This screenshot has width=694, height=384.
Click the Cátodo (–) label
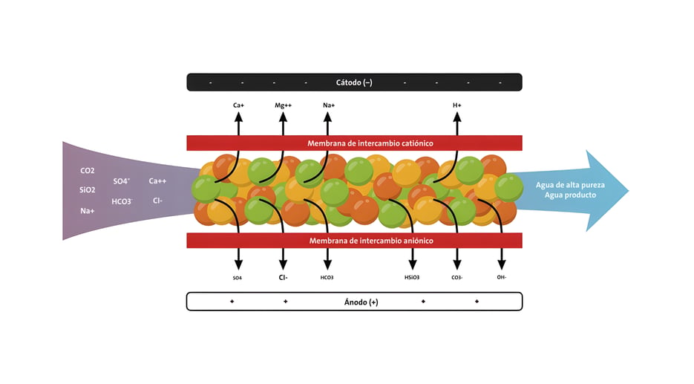click(354, 83)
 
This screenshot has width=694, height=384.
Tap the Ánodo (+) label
click(361, 302)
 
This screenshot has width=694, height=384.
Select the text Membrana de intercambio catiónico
click(370, 143)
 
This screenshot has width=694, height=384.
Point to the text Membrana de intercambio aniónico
click(371, 241)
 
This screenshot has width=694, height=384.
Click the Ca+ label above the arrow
click(238, 105)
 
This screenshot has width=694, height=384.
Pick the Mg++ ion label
click(284, 105)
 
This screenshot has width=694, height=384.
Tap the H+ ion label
click(457, 105)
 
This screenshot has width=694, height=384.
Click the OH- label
click(502, 277)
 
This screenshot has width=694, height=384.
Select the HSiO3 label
click(412, 277)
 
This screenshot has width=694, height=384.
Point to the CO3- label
click(457, 277)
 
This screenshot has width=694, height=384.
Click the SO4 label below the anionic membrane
click(238, 278)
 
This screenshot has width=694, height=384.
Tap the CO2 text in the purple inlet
click(87, 171)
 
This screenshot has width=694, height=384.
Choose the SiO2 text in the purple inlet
click(87, 190)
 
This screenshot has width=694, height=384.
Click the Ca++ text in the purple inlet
click(157, 181)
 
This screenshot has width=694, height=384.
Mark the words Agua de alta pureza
click(570, 185)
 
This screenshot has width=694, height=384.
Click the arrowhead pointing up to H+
click(457, 117)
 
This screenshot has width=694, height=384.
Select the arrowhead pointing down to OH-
click(502, 264)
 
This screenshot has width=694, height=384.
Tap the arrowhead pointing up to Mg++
click(284, 117)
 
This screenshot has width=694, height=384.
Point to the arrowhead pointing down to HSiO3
click(413, 264)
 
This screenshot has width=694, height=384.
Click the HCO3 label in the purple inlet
click(122, 201)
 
